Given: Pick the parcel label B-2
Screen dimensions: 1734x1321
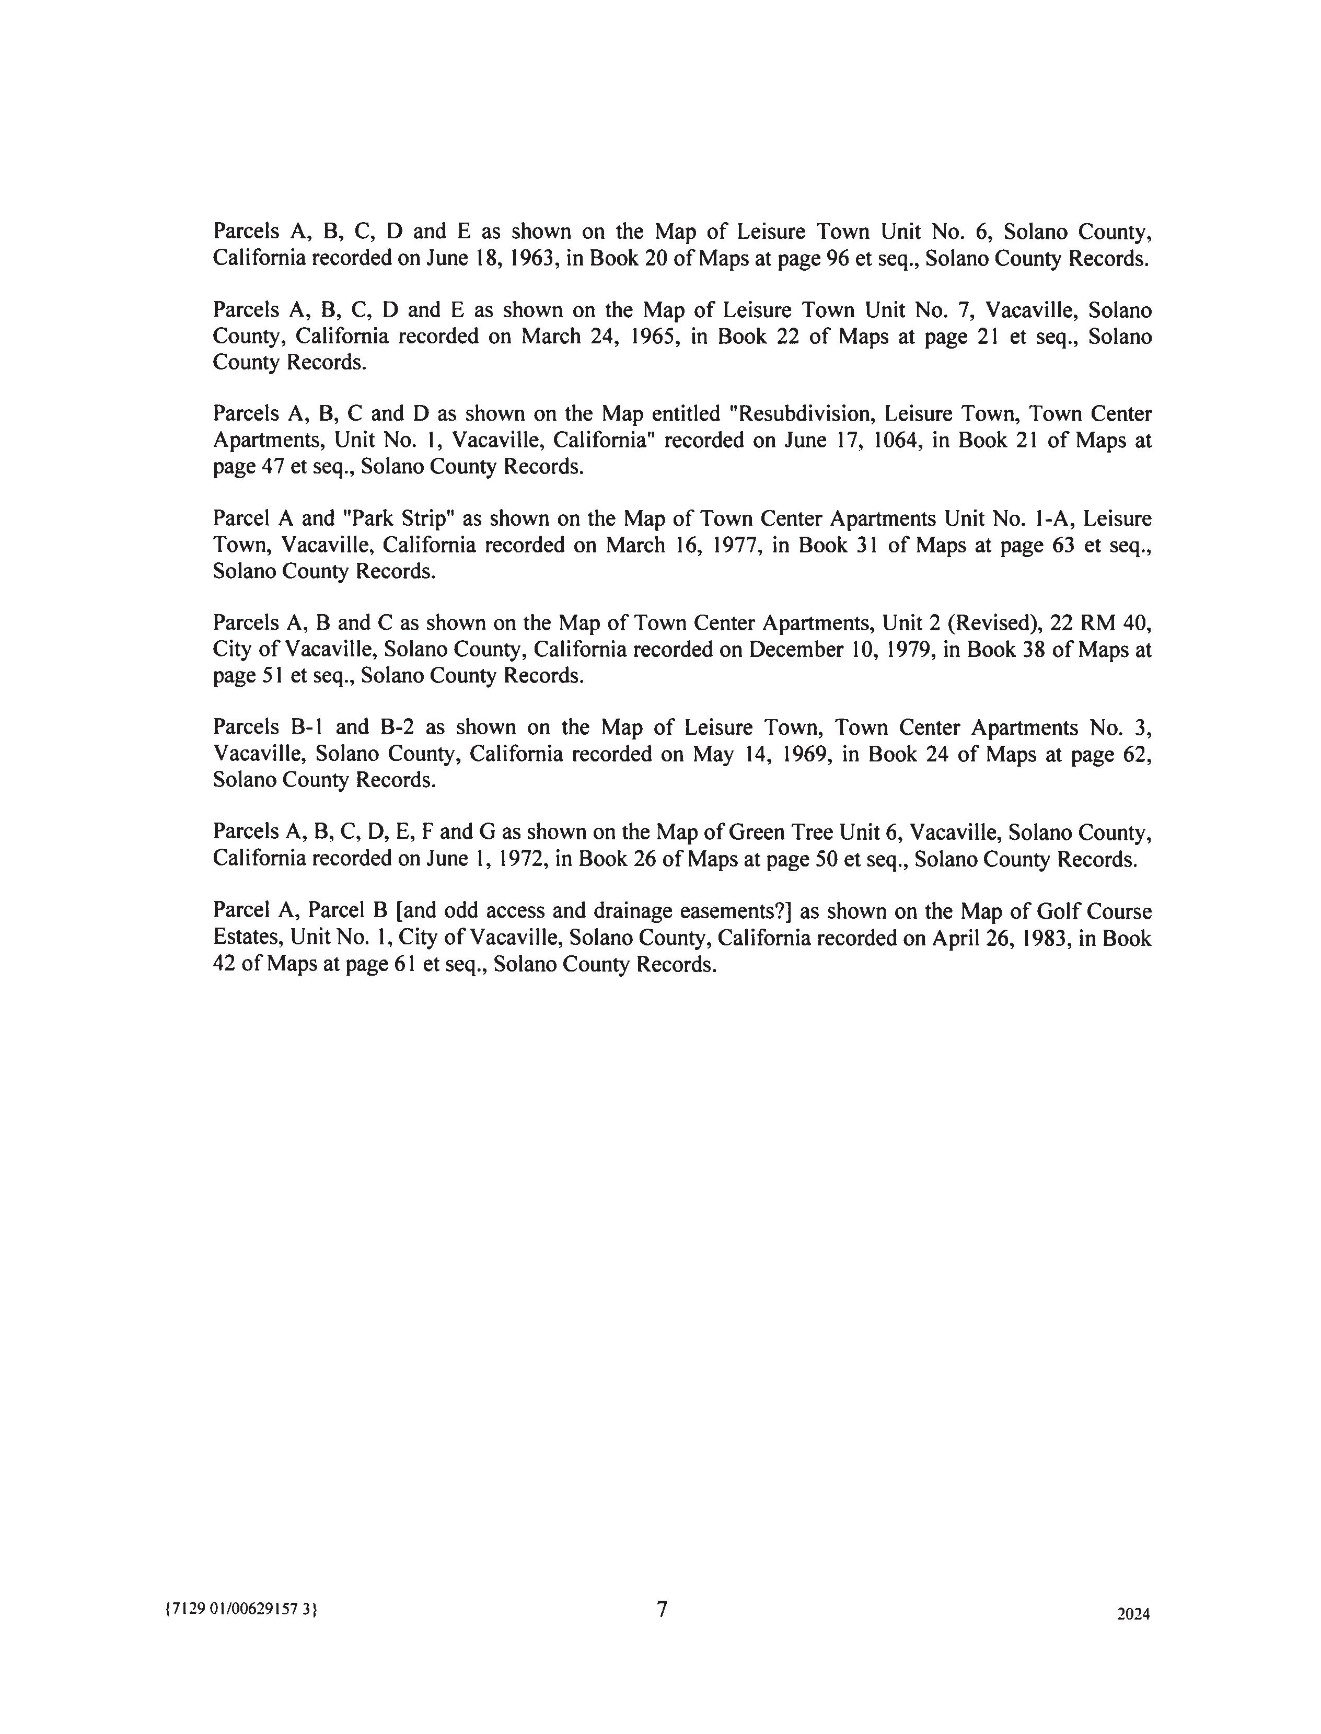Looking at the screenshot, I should [397, 727].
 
